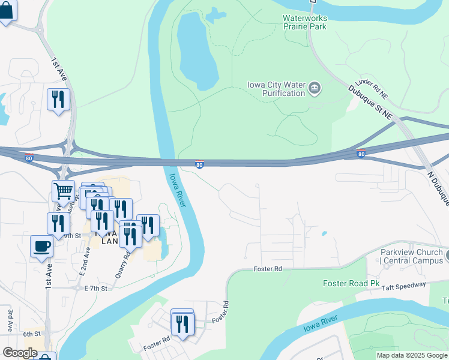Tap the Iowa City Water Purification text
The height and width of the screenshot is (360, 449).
point(276,89)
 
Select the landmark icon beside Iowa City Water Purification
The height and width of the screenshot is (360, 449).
point(314,89)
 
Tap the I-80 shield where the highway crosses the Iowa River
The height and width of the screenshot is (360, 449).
point(199,164)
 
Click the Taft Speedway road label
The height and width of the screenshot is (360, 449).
point(403,286)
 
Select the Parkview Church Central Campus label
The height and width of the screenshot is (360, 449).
point(412,256)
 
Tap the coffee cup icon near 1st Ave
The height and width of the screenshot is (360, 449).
point(41,246)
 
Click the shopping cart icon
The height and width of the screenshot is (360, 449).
point(63,191)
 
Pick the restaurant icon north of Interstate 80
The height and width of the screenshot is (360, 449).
point(58,100)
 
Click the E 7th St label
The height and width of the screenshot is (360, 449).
point(95,289)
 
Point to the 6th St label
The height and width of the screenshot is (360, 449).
point(31,334)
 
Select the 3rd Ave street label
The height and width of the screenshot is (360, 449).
point(11,321)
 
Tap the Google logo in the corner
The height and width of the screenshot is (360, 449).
point(20,353)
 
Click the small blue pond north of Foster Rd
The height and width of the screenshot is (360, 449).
point(325,233)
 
